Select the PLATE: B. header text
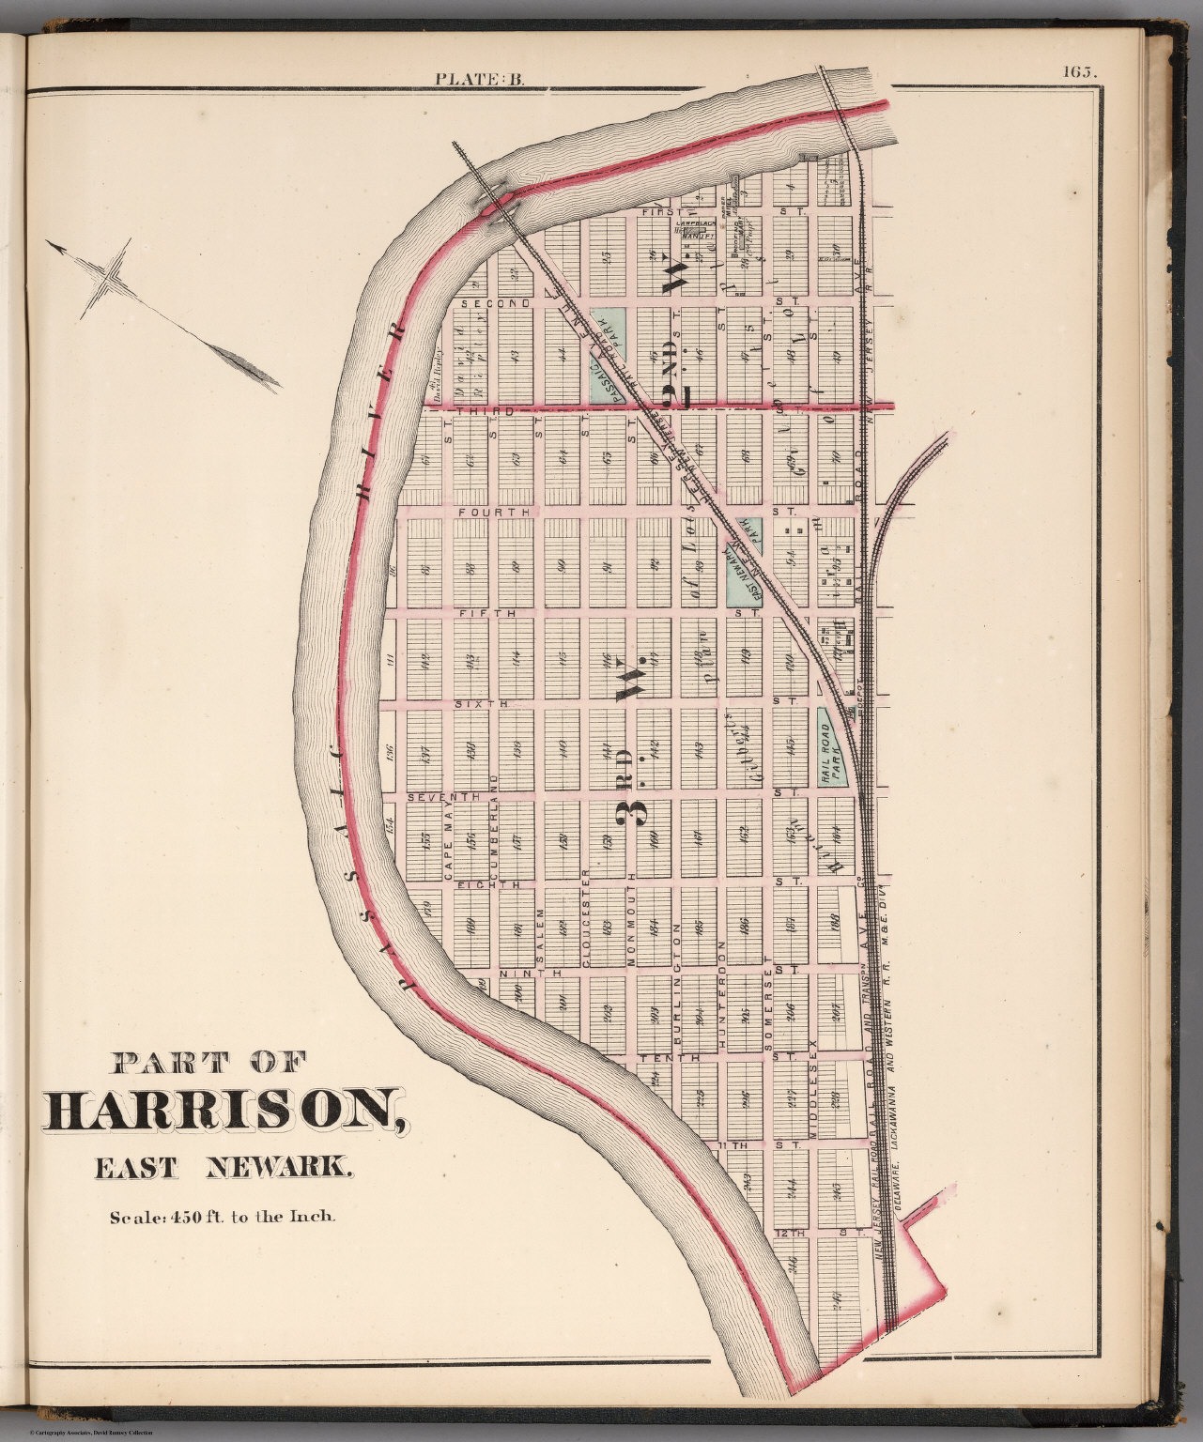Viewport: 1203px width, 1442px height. tap(479, 79)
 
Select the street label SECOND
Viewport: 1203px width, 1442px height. tap(483, 304)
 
